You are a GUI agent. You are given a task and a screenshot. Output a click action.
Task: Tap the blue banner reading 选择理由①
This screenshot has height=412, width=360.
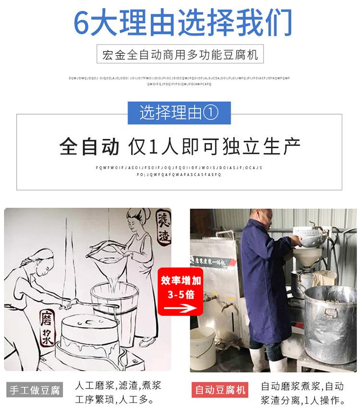coord(179,113)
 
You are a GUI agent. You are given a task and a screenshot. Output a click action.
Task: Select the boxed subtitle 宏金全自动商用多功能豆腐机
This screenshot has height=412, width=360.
coord(180,55)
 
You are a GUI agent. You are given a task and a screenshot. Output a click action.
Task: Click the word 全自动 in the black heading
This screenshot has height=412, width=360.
coord(89,146)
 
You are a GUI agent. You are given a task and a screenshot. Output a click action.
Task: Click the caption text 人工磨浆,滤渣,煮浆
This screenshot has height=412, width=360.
coord(118,385)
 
